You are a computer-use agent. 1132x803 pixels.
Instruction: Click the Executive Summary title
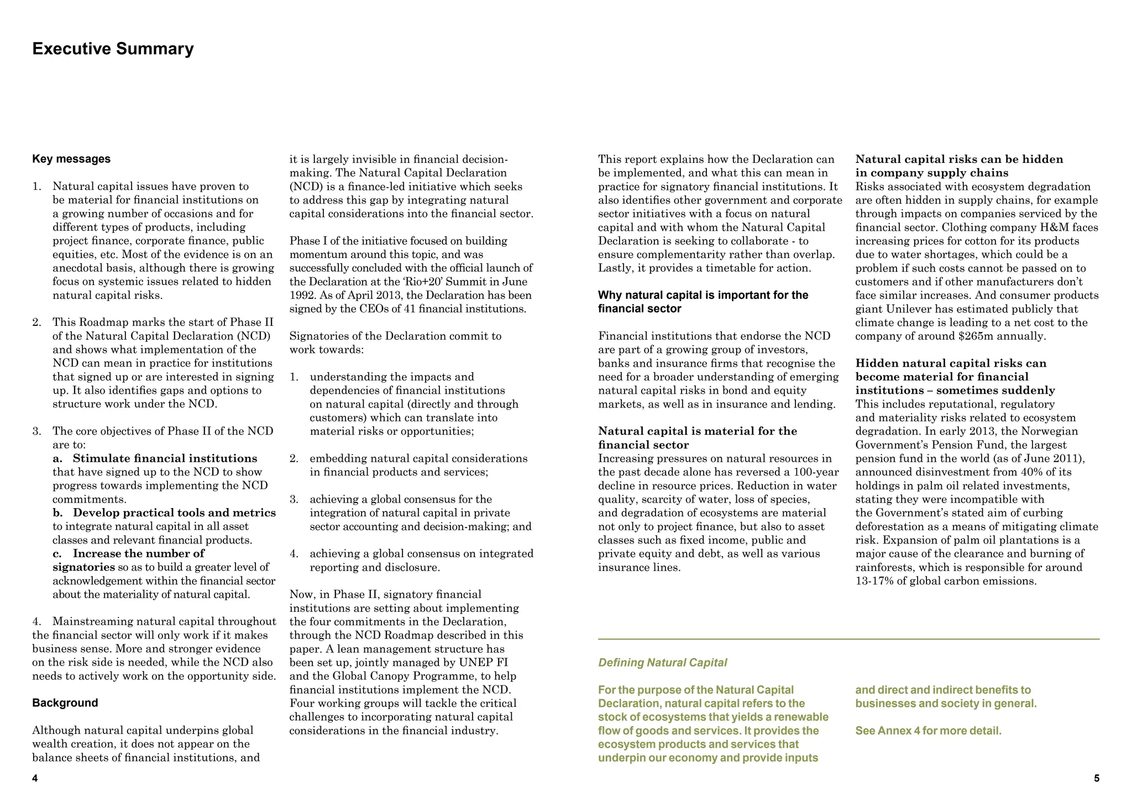(113, 49)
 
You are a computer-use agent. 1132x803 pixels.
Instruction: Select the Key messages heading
(71, 159)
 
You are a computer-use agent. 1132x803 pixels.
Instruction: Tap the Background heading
(65, 703)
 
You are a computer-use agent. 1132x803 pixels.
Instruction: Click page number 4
(35, 779)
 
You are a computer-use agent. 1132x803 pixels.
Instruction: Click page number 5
(1097, 779)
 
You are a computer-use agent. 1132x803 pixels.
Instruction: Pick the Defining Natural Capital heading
(662, 663)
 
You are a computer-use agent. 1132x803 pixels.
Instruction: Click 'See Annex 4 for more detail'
(928, 731)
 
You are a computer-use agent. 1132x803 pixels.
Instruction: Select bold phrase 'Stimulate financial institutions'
(165, 458)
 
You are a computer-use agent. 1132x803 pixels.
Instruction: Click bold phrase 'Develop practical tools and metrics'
(174, 513)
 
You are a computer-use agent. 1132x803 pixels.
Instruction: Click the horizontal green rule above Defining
(848, 640)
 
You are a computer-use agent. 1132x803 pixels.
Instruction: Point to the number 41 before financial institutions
(409, 309)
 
